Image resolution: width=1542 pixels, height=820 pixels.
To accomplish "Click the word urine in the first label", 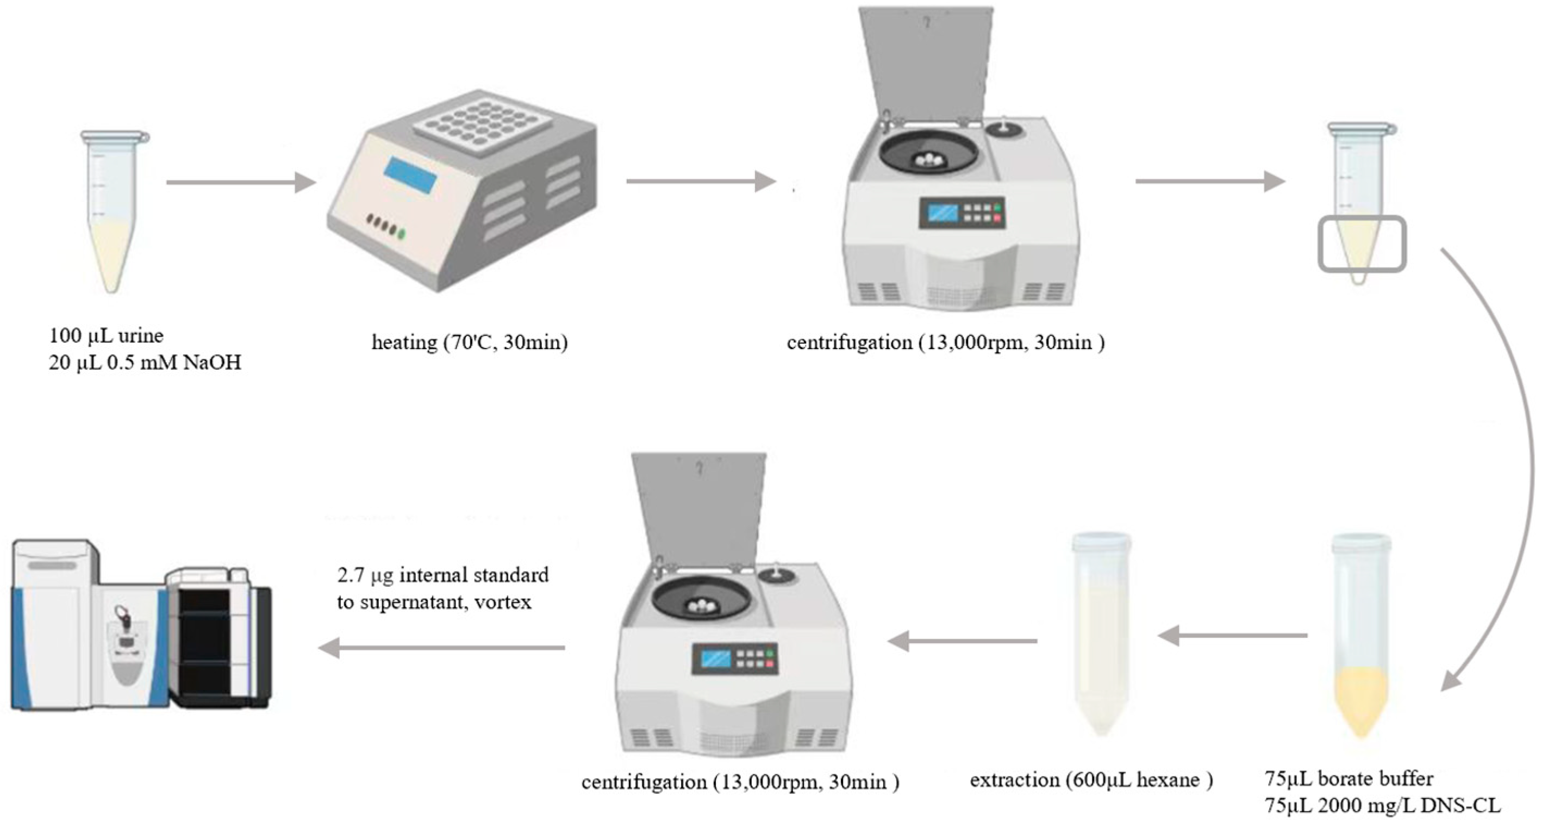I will (141, 336).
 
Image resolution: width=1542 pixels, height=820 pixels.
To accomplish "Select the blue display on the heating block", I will (410, 175).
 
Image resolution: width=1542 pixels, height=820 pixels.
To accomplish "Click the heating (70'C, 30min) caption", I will (469, 343).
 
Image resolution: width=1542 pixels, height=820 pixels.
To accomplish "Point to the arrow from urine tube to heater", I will (240, 182).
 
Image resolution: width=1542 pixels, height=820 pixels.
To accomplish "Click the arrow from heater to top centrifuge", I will (701, 181).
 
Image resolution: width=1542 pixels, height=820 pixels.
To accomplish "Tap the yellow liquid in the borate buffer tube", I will (1361, 701).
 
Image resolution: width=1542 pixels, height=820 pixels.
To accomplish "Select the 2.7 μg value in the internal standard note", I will (365, 575).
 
